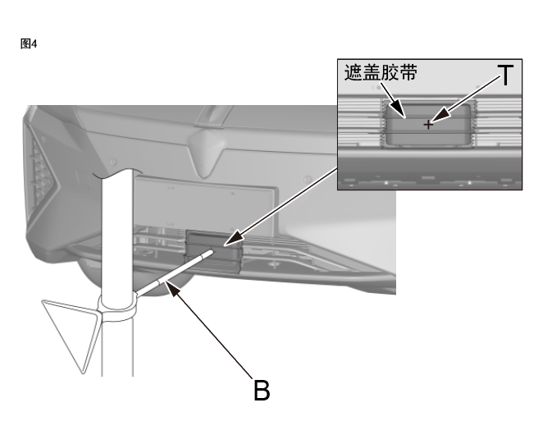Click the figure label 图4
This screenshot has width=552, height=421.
point(28,43)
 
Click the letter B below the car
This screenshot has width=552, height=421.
point(261,390)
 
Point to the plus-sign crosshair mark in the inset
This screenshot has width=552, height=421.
point(428,125)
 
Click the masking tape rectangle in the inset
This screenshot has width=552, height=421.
point(428,124)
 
